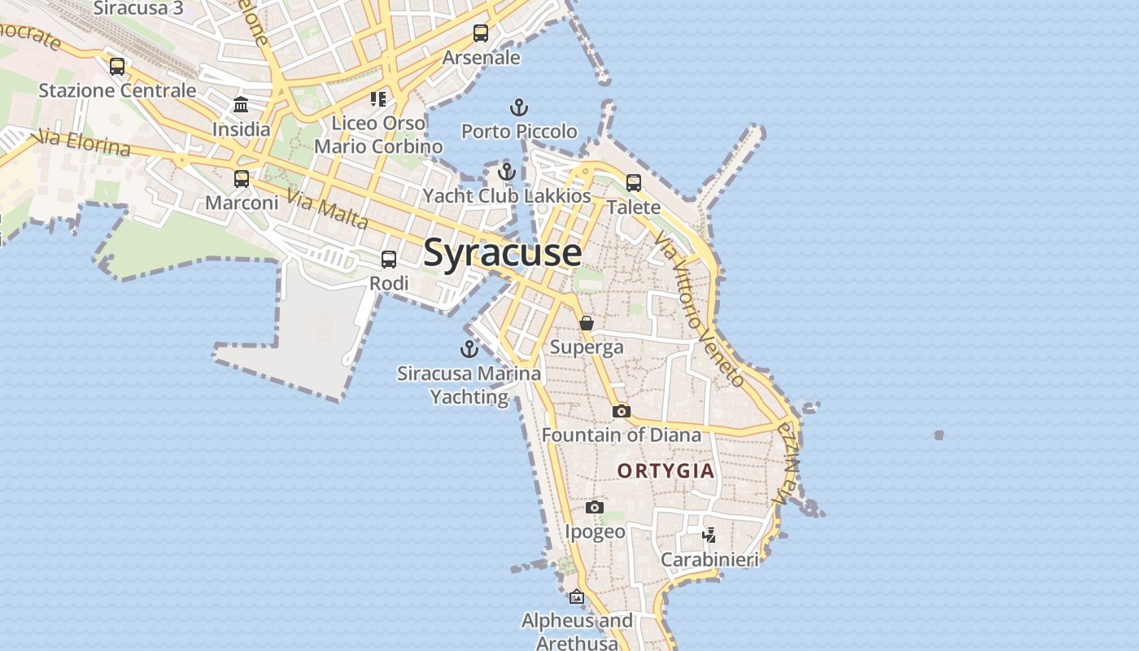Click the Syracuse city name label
point(502,252)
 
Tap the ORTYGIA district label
point(666,470)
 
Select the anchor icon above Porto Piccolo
point(518,107)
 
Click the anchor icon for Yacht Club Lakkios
point(507,172)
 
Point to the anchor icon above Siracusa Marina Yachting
point(469,349)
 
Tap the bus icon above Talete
point(634,183)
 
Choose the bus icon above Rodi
point(389,260)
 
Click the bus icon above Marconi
point(242,179)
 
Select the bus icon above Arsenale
point(481,33)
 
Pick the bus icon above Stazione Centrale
point(117,67)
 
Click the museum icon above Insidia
point(241,105)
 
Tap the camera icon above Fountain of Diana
point(622,411)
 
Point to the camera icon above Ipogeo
point(595,508)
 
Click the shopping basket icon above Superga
point(587,324)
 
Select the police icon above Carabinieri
point(709,535)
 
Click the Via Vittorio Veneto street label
point(698,309)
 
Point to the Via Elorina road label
point(84,142)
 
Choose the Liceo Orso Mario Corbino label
point(378,135)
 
